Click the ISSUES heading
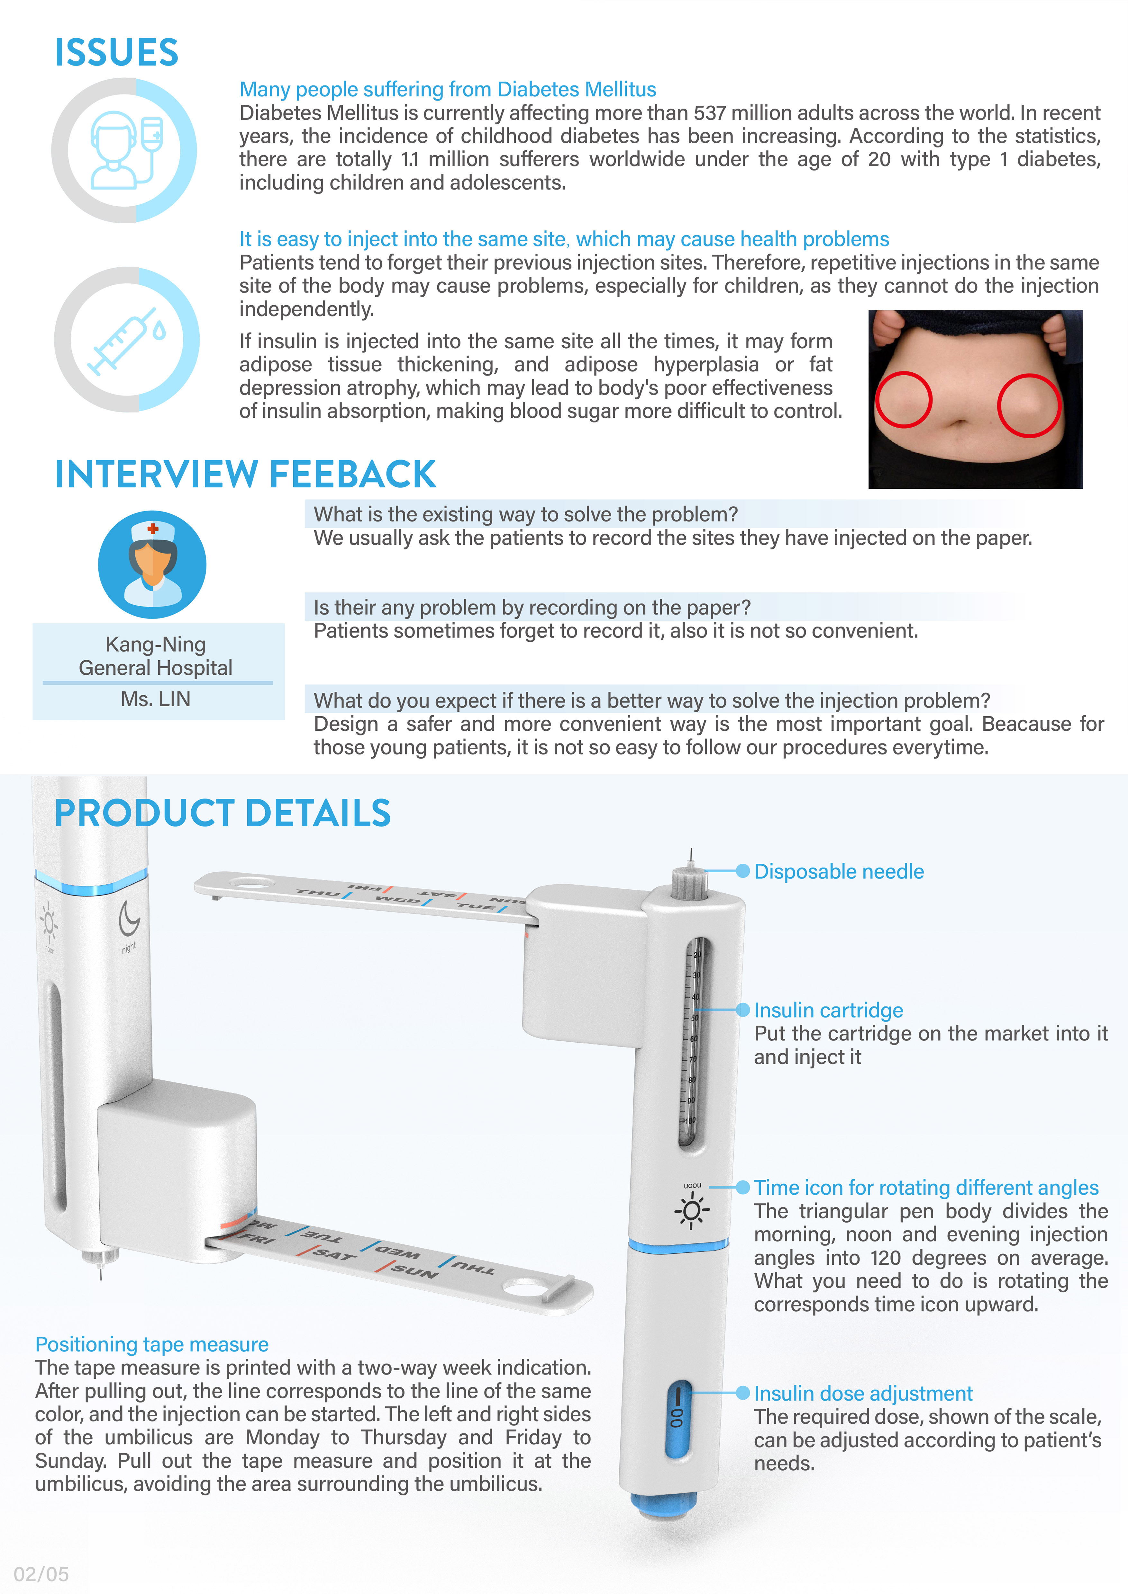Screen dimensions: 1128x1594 [x=117, y=53]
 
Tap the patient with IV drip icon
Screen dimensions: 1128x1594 [x=126, y=150]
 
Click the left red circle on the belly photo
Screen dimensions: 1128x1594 [x=903, y=400]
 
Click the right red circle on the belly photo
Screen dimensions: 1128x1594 [x=1029, y=405]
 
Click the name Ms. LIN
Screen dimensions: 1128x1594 [x=156, y=699]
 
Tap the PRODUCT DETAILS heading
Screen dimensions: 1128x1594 [x=222, y=813]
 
